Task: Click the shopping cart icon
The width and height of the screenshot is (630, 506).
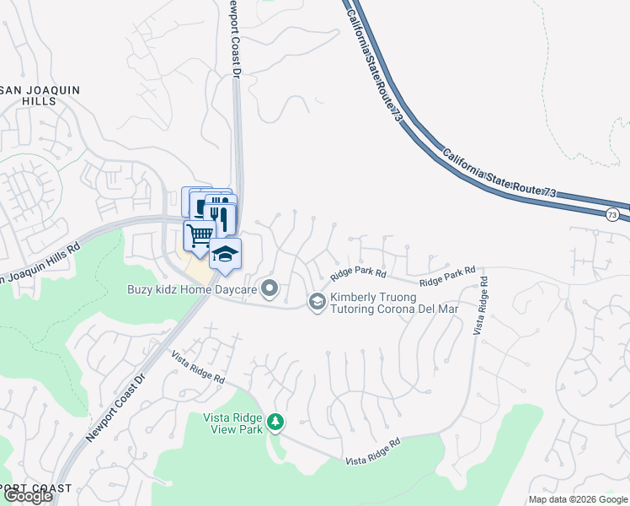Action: pos(199,235)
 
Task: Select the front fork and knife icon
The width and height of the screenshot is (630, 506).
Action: pos(221,215)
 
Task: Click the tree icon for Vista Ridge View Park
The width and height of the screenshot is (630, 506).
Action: pos(274,421)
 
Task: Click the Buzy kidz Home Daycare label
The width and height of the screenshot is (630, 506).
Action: pos(192,289)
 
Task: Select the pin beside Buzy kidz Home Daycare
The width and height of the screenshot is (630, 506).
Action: pos(270,289)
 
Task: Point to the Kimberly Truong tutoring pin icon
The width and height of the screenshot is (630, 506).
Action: pos(317,301)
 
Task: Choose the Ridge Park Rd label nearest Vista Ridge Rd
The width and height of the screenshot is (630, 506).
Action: pos(447,276)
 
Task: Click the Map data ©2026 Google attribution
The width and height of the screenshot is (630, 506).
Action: pos(578,499)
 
